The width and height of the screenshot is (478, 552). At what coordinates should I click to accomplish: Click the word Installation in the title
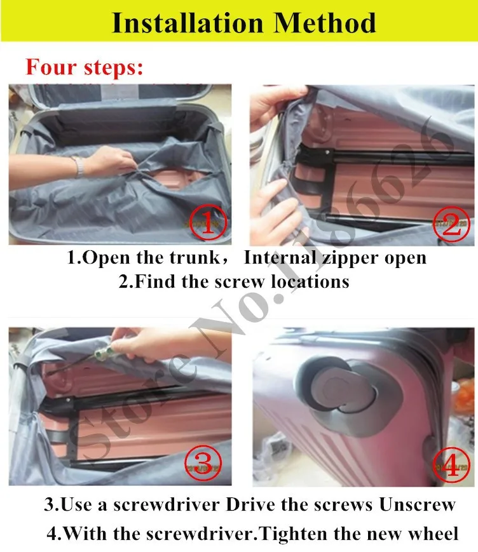[188, 24]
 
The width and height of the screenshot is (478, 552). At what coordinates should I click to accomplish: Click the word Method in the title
[324, 24]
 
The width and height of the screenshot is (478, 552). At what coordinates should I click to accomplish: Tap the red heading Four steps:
[85, 67]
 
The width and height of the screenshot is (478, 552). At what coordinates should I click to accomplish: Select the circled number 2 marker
[451, 224]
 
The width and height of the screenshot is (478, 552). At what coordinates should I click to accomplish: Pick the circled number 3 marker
[203, 463]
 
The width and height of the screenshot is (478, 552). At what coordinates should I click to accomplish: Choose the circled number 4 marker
[451, 466]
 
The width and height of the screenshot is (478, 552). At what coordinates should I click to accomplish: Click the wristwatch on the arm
[79, 166]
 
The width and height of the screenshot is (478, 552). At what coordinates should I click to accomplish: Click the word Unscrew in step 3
[418, 504]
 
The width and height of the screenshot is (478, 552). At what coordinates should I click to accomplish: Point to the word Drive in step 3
[250, 504]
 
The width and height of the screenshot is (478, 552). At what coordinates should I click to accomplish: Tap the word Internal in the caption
[280, 257]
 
